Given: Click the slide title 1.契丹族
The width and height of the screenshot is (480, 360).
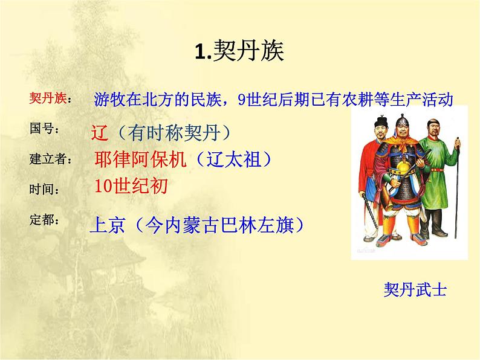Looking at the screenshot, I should (239, 52).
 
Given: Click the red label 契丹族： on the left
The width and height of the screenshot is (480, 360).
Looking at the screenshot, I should (50, 99).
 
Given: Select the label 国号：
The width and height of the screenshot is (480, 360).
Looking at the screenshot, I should (45, 129).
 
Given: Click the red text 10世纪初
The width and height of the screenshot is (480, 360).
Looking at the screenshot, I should (131, 186).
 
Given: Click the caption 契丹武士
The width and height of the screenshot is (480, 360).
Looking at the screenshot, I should (415, 290).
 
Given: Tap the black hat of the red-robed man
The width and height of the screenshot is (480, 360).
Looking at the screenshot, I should (379, 123).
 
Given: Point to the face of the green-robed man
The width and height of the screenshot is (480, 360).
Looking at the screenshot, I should (431, 129).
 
